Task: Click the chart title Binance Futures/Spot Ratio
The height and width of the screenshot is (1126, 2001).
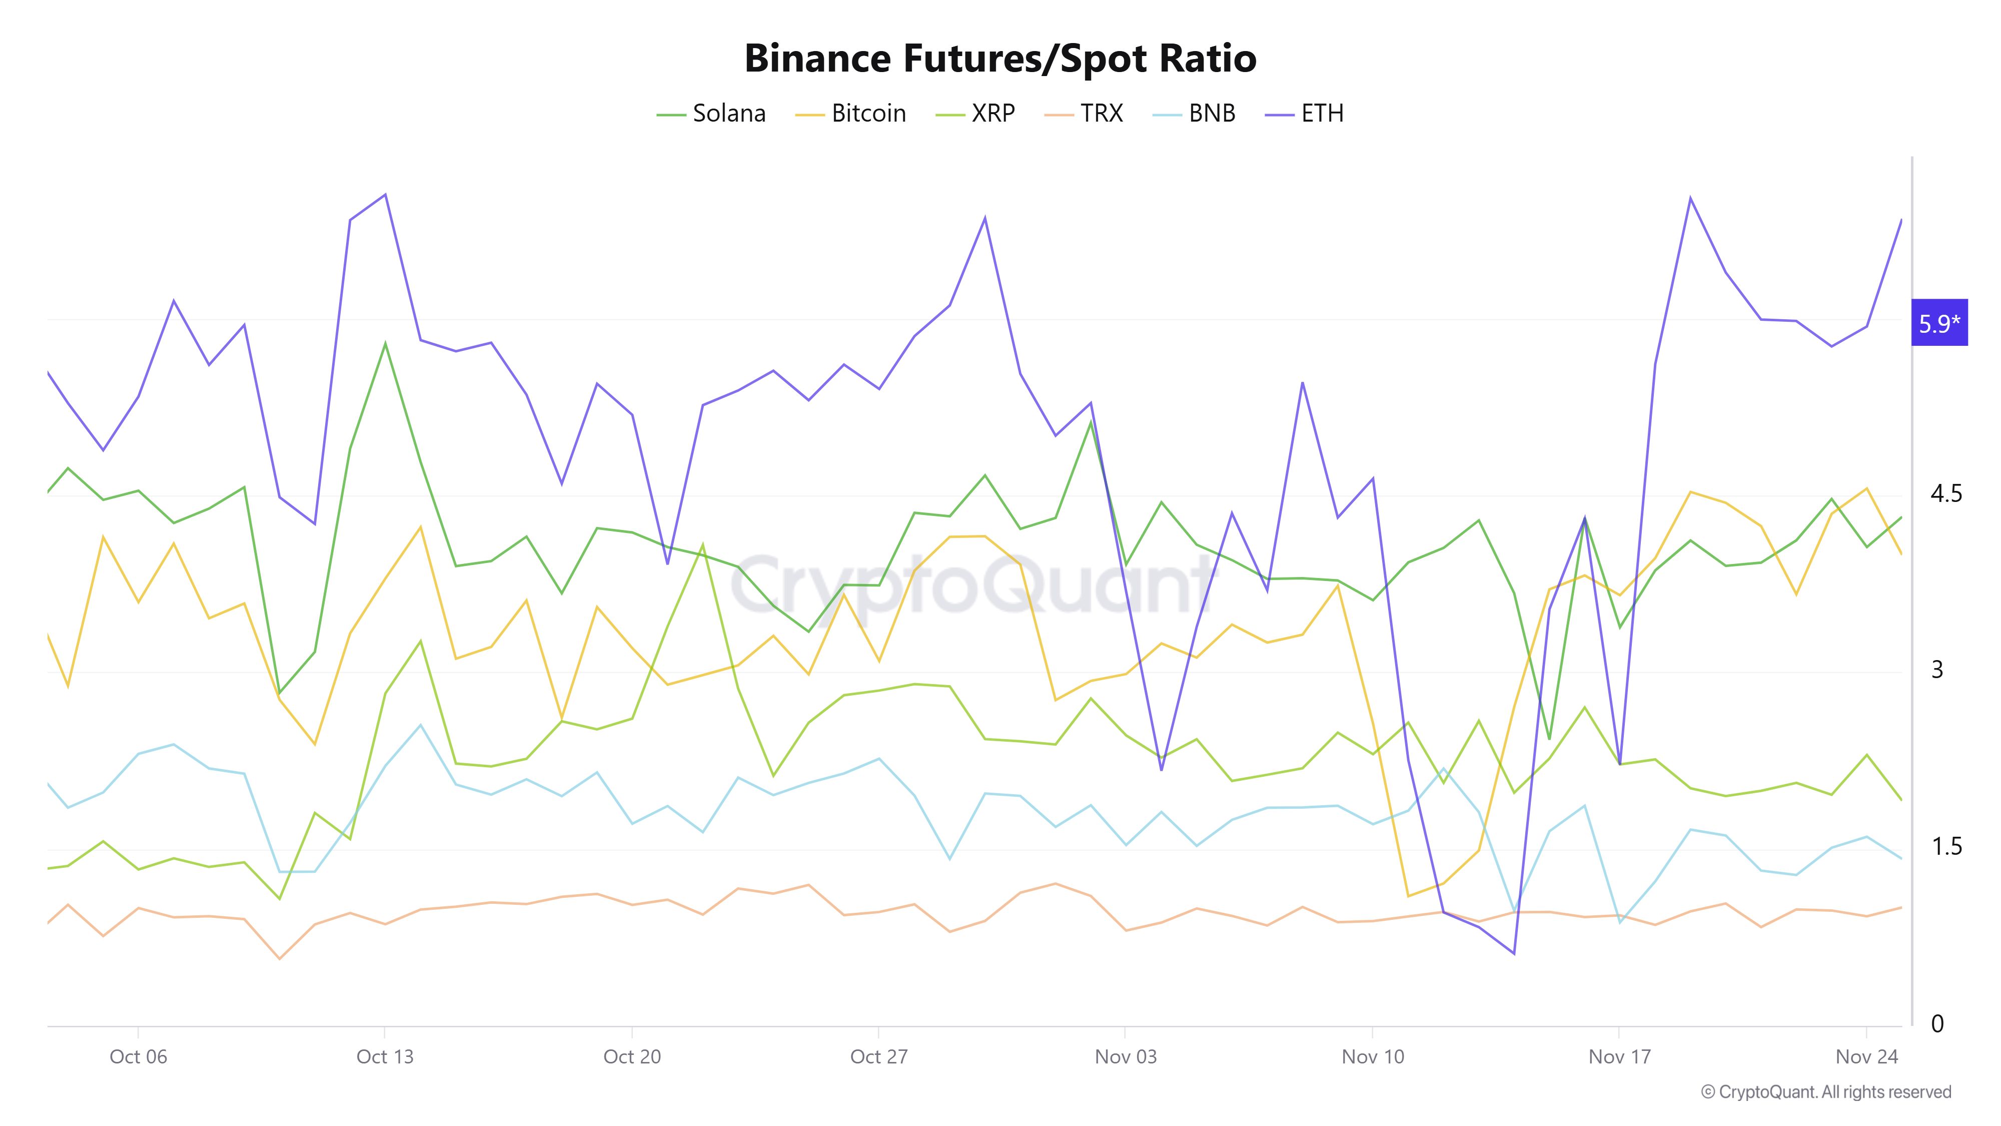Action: click(x=999, y=58)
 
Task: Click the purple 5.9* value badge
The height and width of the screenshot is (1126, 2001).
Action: click(x=1939, y=322)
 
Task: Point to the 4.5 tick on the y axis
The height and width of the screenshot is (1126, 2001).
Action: click(x=1946, y=493)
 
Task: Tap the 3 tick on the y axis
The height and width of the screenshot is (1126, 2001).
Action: click(x=1937, y=670)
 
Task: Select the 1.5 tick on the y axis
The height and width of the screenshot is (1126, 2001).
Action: click(x=1946, y=846)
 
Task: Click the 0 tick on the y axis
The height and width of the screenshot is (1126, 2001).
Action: click(x=1937, y=1023)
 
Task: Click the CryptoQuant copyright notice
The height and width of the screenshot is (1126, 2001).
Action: click(x=1825, y=1092)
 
